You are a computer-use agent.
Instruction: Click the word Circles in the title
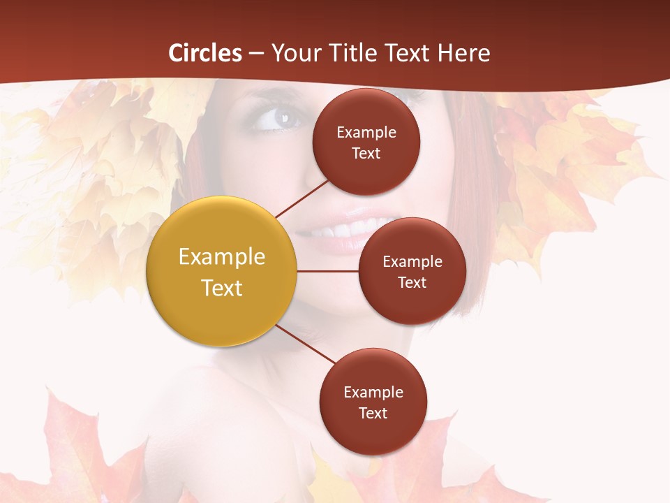[205, 53]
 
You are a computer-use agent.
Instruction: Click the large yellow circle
[222, 271]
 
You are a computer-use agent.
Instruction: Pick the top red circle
[366, 142]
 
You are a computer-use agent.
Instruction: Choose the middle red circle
[412, 271]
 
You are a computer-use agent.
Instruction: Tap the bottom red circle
[373, 402]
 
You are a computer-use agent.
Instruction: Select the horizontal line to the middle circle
[328, 271]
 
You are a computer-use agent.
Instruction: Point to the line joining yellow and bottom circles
[305, 344]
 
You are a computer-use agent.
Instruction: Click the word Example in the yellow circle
[222, 257]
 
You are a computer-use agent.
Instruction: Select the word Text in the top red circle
[366, 153]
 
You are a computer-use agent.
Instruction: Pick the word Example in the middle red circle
[412, 261]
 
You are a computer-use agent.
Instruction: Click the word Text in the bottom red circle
[373, 413]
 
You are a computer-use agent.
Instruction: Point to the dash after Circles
[256, 53]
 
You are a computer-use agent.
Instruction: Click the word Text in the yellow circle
[222, 288]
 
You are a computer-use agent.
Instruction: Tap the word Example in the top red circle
[366, 132]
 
